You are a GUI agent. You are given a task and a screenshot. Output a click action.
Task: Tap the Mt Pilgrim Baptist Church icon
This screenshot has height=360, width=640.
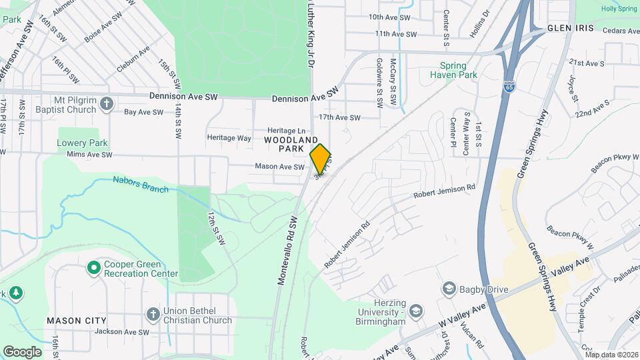point(109,105)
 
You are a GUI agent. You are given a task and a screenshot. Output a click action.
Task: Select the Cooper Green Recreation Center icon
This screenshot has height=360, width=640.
point(94,268)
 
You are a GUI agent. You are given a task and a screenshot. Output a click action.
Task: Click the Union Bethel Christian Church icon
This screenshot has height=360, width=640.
point(153,314)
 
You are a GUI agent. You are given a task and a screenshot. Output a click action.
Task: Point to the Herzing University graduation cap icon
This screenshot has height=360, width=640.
point(416,311)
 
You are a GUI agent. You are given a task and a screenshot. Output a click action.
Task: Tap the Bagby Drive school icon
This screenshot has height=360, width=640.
point(449,289)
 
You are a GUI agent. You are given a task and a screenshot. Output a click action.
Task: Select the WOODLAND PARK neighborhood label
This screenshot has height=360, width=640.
point(291,145)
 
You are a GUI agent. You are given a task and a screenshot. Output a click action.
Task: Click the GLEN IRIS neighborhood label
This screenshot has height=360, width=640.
point(567,28)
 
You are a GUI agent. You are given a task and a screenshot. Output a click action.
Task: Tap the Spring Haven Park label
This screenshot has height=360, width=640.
point(458,71)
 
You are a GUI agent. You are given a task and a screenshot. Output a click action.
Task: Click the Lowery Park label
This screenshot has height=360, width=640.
point(82,143)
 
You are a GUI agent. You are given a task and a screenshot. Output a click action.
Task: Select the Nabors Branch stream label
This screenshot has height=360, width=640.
point(140,184)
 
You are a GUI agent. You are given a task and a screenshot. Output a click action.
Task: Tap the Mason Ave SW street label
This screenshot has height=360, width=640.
point(279,167)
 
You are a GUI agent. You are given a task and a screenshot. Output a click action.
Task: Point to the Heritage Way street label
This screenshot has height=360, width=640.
point(229,138)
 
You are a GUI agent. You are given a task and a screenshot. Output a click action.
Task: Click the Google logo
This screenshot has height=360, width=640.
point(22,352)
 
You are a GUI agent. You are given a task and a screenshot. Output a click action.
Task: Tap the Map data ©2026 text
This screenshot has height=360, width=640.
point(611,355)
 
